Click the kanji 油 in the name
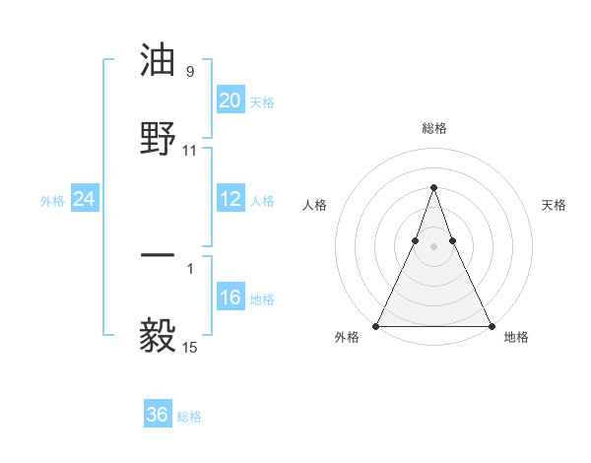158,61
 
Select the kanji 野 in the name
158,137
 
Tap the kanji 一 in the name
158,254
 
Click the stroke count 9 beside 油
190,72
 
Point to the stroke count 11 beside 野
190,151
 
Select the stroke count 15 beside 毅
190,347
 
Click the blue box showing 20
230,100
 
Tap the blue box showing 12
230,199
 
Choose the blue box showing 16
230,298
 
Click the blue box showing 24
85,199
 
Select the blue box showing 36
158,415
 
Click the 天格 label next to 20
262,101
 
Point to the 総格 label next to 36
189,417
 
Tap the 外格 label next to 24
52,200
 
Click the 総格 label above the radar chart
433,129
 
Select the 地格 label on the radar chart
516,338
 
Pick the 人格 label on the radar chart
314,205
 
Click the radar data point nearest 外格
376,326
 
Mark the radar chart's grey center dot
433,246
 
